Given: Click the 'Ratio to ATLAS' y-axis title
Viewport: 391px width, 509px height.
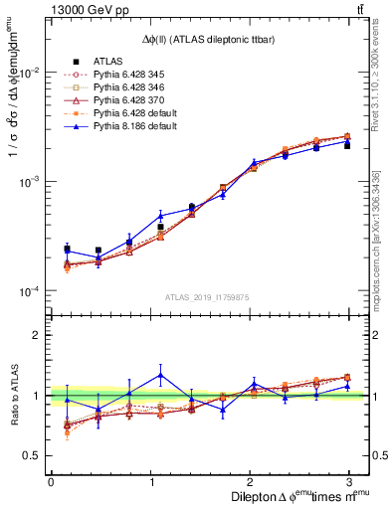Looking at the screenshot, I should coord(13,395).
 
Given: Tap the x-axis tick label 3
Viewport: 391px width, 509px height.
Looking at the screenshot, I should coord(348,482).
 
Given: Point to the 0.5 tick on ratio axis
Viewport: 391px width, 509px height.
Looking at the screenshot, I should coord(35,455).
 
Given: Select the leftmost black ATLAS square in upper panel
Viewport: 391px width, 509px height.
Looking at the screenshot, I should coord(67,250).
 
